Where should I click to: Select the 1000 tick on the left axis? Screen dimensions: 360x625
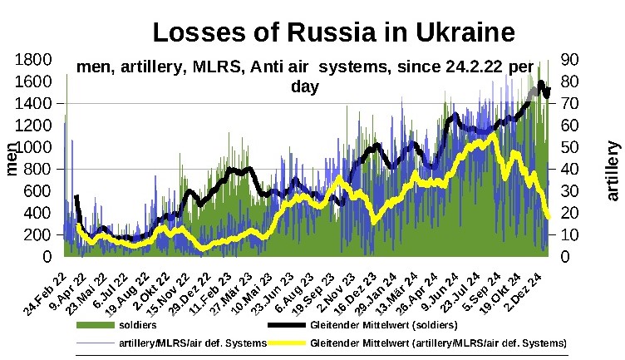point(36,147)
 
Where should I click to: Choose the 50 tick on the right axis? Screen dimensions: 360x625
point(577,147)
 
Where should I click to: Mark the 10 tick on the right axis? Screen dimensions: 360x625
point(577,235)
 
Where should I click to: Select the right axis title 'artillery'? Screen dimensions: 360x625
point(613,170)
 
